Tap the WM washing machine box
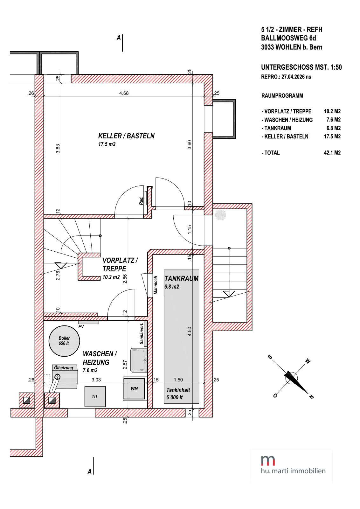point(134,388)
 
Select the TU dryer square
point(95,396)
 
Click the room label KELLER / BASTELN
point(126,136)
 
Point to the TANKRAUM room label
point(182,278)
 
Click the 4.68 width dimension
point(124,93)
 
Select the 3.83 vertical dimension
point(58,149)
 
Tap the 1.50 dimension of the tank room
point(178,380)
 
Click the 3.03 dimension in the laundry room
point(96,380)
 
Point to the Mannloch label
point(156,285)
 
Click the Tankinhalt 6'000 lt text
point(178,394)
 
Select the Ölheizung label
point(64,368)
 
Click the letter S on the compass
point(270,357)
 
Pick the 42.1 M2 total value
point(332,153)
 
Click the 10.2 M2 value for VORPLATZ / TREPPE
point(332,111)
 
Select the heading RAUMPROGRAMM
point(282,96)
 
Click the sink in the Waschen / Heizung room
point(139,360)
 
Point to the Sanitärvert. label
point(142,334)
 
